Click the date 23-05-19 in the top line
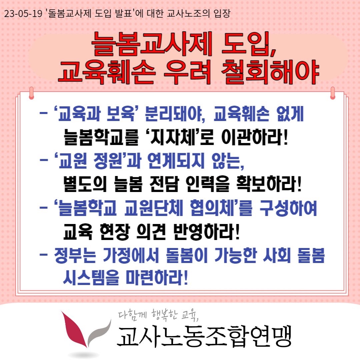tap(23, 14)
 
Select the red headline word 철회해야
tap(270, 72)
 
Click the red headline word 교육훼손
tap(107, 72)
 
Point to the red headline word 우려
tap(187, 72)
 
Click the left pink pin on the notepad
tap(32, 93)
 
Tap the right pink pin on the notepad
tap(332, 93)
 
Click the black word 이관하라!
tap(255, 137)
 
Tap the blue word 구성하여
tap(288, 208)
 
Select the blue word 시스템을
tap(91, 278)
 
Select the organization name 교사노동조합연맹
tap(204, 336)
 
